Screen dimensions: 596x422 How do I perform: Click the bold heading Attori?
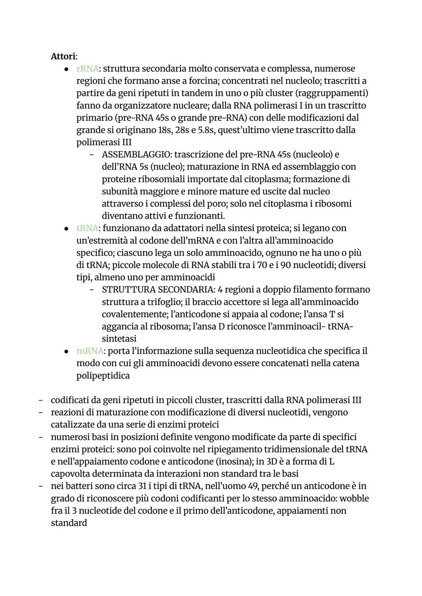click(x=63, y=56)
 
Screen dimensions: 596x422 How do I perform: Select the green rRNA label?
click(x=87, y=69)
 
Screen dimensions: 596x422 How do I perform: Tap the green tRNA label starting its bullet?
click(x=87, y=228)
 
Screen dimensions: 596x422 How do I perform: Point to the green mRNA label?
click(x=89, y=351)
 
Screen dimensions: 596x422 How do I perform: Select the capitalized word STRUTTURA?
click(x=125, y=290)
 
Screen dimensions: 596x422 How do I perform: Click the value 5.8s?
click(x=203, y=130)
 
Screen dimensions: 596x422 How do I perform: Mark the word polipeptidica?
click(x=103, y=376)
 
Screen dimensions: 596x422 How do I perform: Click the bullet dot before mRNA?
click(x=67, y=351)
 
